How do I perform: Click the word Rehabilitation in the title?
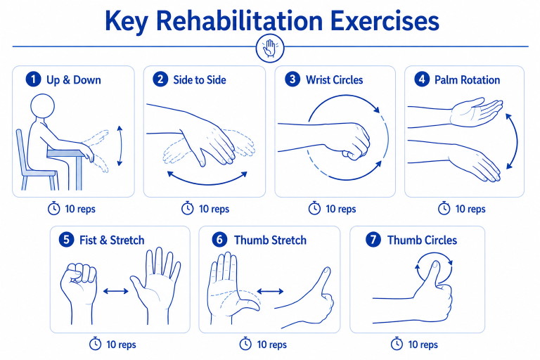click(239, 20)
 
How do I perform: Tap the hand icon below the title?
click(270, 49)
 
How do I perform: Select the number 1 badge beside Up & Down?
click(34, 79)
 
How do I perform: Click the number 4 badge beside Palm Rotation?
click(422, 79)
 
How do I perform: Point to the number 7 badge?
click(373, 240)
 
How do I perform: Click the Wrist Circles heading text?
click(335, 80)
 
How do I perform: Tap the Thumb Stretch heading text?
click(270, 240)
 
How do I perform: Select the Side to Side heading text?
click(200, 80)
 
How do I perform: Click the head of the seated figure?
click(42, 106)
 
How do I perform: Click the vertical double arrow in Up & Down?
click(120, 146)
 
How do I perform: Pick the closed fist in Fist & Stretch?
click(79, 283)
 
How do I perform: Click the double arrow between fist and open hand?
click(116, 291)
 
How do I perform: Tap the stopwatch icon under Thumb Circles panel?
click(397, 344)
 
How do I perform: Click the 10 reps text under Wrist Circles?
click(340, 209)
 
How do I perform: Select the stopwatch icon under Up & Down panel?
click(53, 208)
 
